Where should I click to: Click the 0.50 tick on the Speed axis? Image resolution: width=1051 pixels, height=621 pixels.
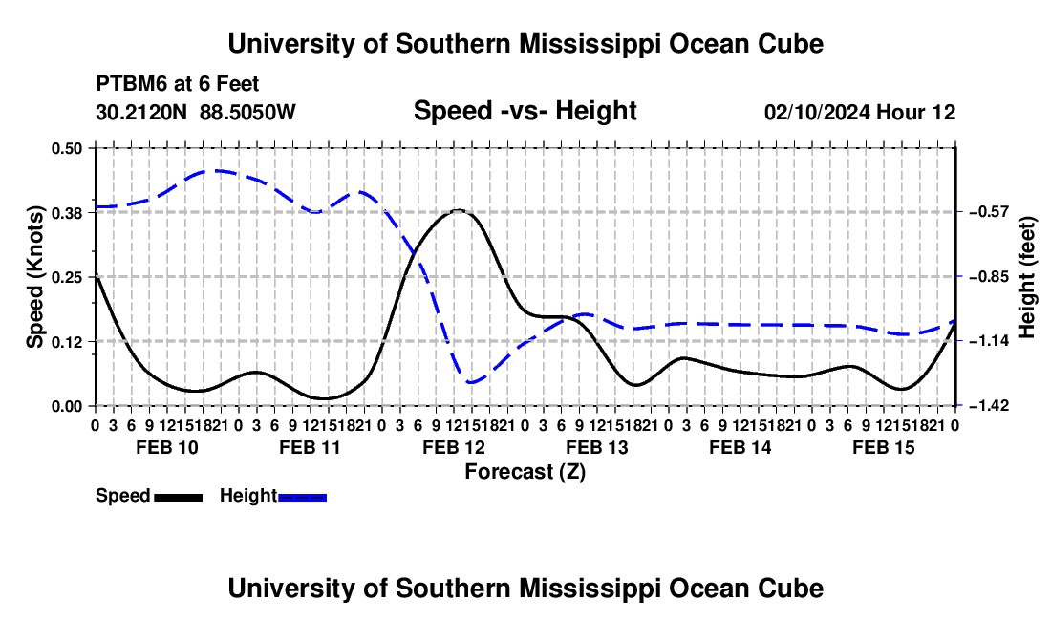[66, 148]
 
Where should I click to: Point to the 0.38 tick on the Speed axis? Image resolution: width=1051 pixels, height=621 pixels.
[66, 213]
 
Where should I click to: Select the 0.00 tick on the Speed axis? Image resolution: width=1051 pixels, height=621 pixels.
[66, 406]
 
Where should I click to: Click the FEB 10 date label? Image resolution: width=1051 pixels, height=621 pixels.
[167, 447]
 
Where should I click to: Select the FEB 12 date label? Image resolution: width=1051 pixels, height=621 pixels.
[454, 447]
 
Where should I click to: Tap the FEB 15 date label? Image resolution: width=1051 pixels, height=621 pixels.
[884, 447]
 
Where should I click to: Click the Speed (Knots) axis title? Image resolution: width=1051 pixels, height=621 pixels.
[34, 277]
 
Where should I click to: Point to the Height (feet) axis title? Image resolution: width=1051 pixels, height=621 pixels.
[1027, 277]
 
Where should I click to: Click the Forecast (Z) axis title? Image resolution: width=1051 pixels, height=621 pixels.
[525, 472]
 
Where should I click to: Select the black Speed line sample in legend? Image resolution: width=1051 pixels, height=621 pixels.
[179, 497]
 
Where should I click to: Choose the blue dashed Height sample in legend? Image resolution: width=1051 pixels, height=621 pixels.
[302, 497]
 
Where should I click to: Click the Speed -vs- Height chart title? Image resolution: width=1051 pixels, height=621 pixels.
[525, 111]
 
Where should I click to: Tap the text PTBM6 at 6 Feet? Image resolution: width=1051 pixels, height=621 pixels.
[178, 84]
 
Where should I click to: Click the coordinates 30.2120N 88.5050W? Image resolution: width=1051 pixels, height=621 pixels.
[196, 112]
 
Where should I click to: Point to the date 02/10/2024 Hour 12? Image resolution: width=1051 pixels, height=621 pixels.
[860, 112]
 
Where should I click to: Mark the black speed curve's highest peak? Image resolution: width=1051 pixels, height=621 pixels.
[459, 210]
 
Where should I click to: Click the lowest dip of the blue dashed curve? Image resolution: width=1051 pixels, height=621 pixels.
[471, 382]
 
